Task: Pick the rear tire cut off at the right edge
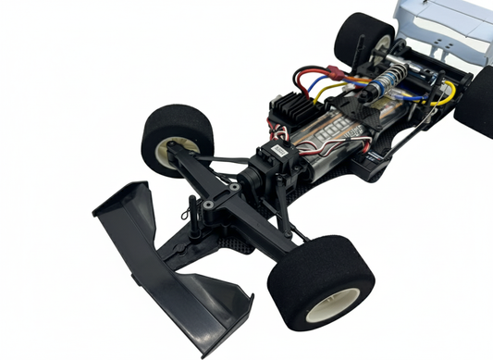coord(476,100)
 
